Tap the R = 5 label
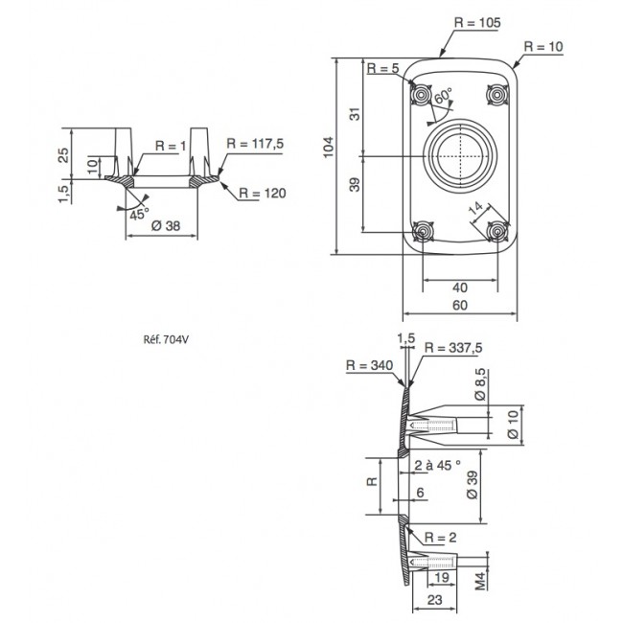click(x=382, y=69)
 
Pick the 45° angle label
click(x=140, y=214)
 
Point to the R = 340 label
click(x=369, y=365)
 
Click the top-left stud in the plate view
click(x=421, y=94)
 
